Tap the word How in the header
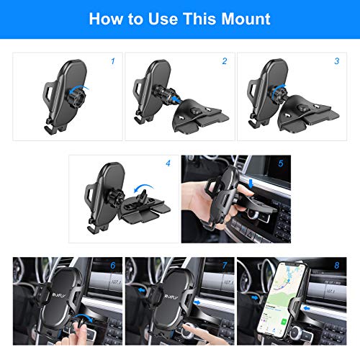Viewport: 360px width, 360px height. (x=105, y=18)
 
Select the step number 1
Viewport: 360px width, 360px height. (x=112, y=62)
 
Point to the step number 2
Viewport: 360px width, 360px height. (x=225, y=62)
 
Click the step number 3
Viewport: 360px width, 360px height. (x=336, y=62)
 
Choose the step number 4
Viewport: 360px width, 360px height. (x=168, y=164)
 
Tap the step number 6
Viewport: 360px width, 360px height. (x=113, y=266)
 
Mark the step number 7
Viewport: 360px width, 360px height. (x=225, y=266)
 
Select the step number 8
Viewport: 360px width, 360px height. (x=336, y=266)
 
